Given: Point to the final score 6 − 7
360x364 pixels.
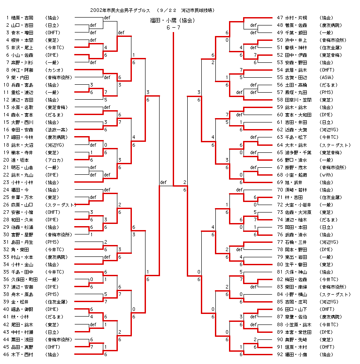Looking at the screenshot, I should point(173,28).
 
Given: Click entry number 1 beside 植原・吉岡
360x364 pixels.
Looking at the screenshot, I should point(8,18).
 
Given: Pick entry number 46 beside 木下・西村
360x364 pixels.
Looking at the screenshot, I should point(7,354).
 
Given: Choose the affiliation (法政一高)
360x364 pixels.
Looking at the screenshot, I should point(56,130).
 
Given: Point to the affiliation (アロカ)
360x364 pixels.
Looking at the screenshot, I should point(54,159).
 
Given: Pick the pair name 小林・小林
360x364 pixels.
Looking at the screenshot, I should point(23,182).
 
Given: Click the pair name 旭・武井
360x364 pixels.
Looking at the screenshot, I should point(293,182).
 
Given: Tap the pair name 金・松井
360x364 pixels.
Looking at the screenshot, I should point(20,302).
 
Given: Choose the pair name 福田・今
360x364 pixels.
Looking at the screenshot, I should point(20,190).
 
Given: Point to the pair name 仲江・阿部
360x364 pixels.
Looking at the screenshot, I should point(23,70).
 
